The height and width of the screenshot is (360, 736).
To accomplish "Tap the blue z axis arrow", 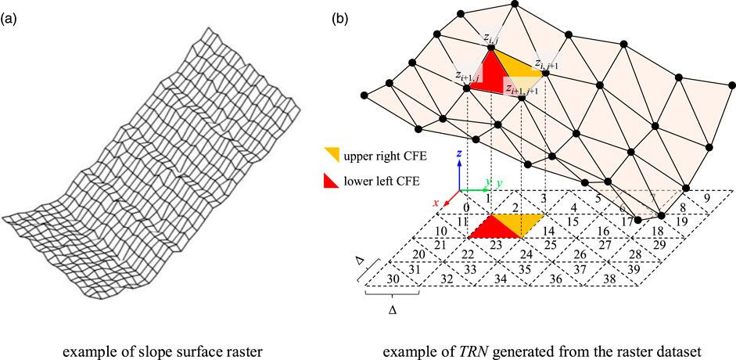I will point(461,174).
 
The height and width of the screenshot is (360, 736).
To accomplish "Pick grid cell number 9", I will point(707,198).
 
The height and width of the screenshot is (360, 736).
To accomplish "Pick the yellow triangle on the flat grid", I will point(526,221).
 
